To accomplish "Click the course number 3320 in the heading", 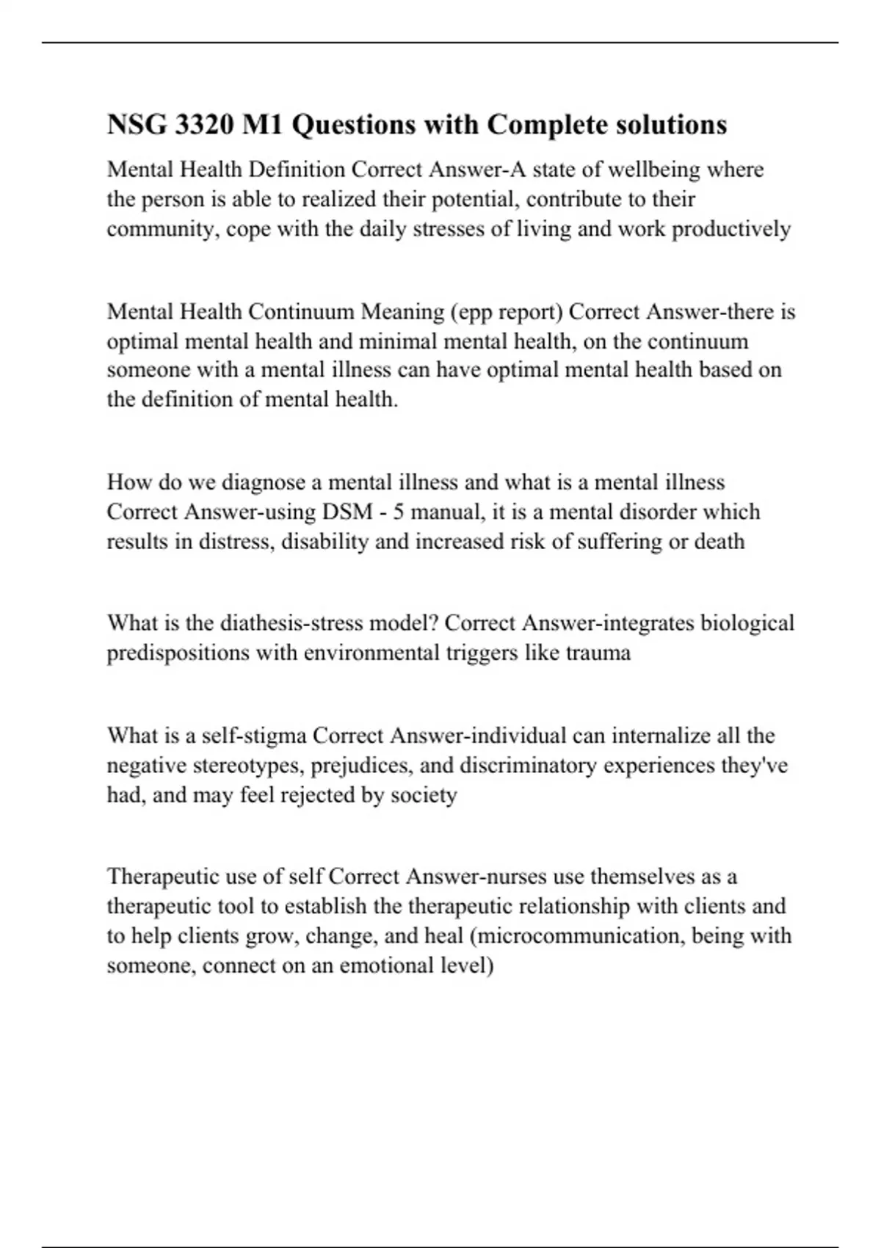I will (x=203, y=124).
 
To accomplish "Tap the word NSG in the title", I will (x=137, y=124).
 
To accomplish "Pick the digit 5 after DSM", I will (x=398, y=512).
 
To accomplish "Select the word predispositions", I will (x=178, y=653).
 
